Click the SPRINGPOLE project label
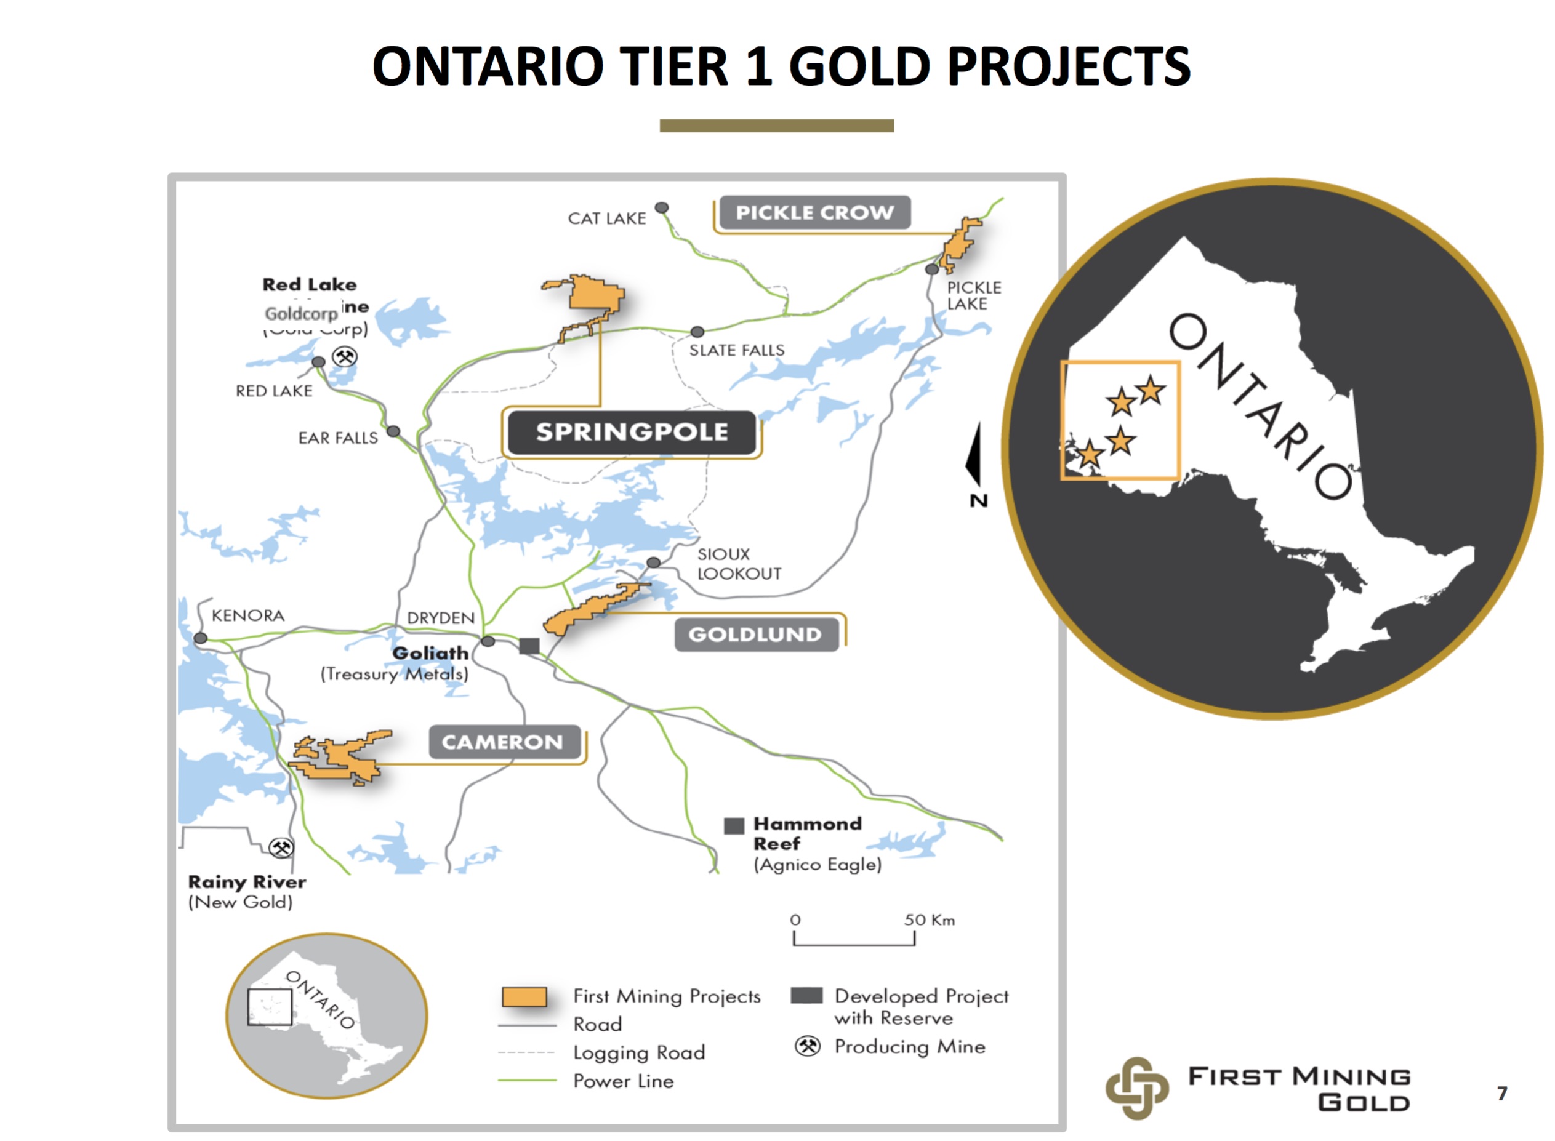632,433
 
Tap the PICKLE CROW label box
814,213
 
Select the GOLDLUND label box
755,634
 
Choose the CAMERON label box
503,742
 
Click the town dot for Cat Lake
662,208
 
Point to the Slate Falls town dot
697,332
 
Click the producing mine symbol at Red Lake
344,356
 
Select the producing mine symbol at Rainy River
281,847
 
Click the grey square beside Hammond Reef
734,825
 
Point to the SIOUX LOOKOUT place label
739,564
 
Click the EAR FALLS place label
338,438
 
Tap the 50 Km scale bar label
929,920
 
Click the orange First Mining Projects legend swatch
524,996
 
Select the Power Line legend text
623,1081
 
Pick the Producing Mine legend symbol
807,1046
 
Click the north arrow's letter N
978,501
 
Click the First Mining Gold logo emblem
1136,1088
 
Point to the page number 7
1502,1094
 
